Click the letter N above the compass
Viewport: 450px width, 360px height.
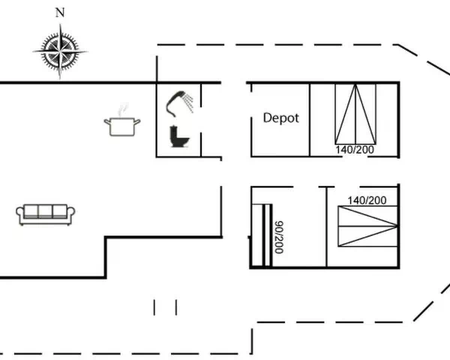click(x=60, y=13)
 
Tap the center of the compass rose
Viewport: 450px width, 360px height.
click(x=60, y=52)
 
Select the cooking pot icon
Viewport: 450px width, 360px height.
click(x=122, y=126)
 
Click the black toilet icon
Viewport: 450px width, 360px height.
click(x=179, y=136)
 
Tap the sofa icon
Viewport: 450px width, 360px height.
click(x=45, y=214)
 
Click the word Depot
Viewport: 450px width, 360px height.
click(x=281, y=118)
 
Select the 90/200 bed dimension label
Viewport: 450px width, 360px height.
click(x=279, y=237)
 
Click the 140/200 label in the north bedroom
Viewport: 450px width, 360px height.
click(x=355, y=149)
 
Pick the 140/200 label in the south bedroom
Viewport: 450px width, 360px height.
click(x=367, y=200)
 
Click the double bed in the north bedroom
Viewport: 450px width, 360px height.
click(x=355, y=114)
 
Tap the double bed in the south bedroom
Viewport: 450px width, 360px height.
click(x=368, y=226)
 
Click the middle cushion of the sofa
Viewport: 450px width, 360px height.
click(x=45, y=211)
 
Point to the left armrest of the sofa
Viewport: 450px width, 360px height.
click(x=20, y=214)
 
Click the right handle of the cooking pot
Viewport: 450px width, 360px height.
click(x=137, y=121)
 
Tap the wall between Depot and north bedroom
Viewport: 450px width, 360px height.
click(x=310, y=120)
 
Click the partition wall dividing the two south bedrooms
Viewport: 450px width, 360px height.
click(x=326, y=226)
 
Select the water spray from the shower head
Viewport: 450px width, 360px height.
click(x=189, y=103)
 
